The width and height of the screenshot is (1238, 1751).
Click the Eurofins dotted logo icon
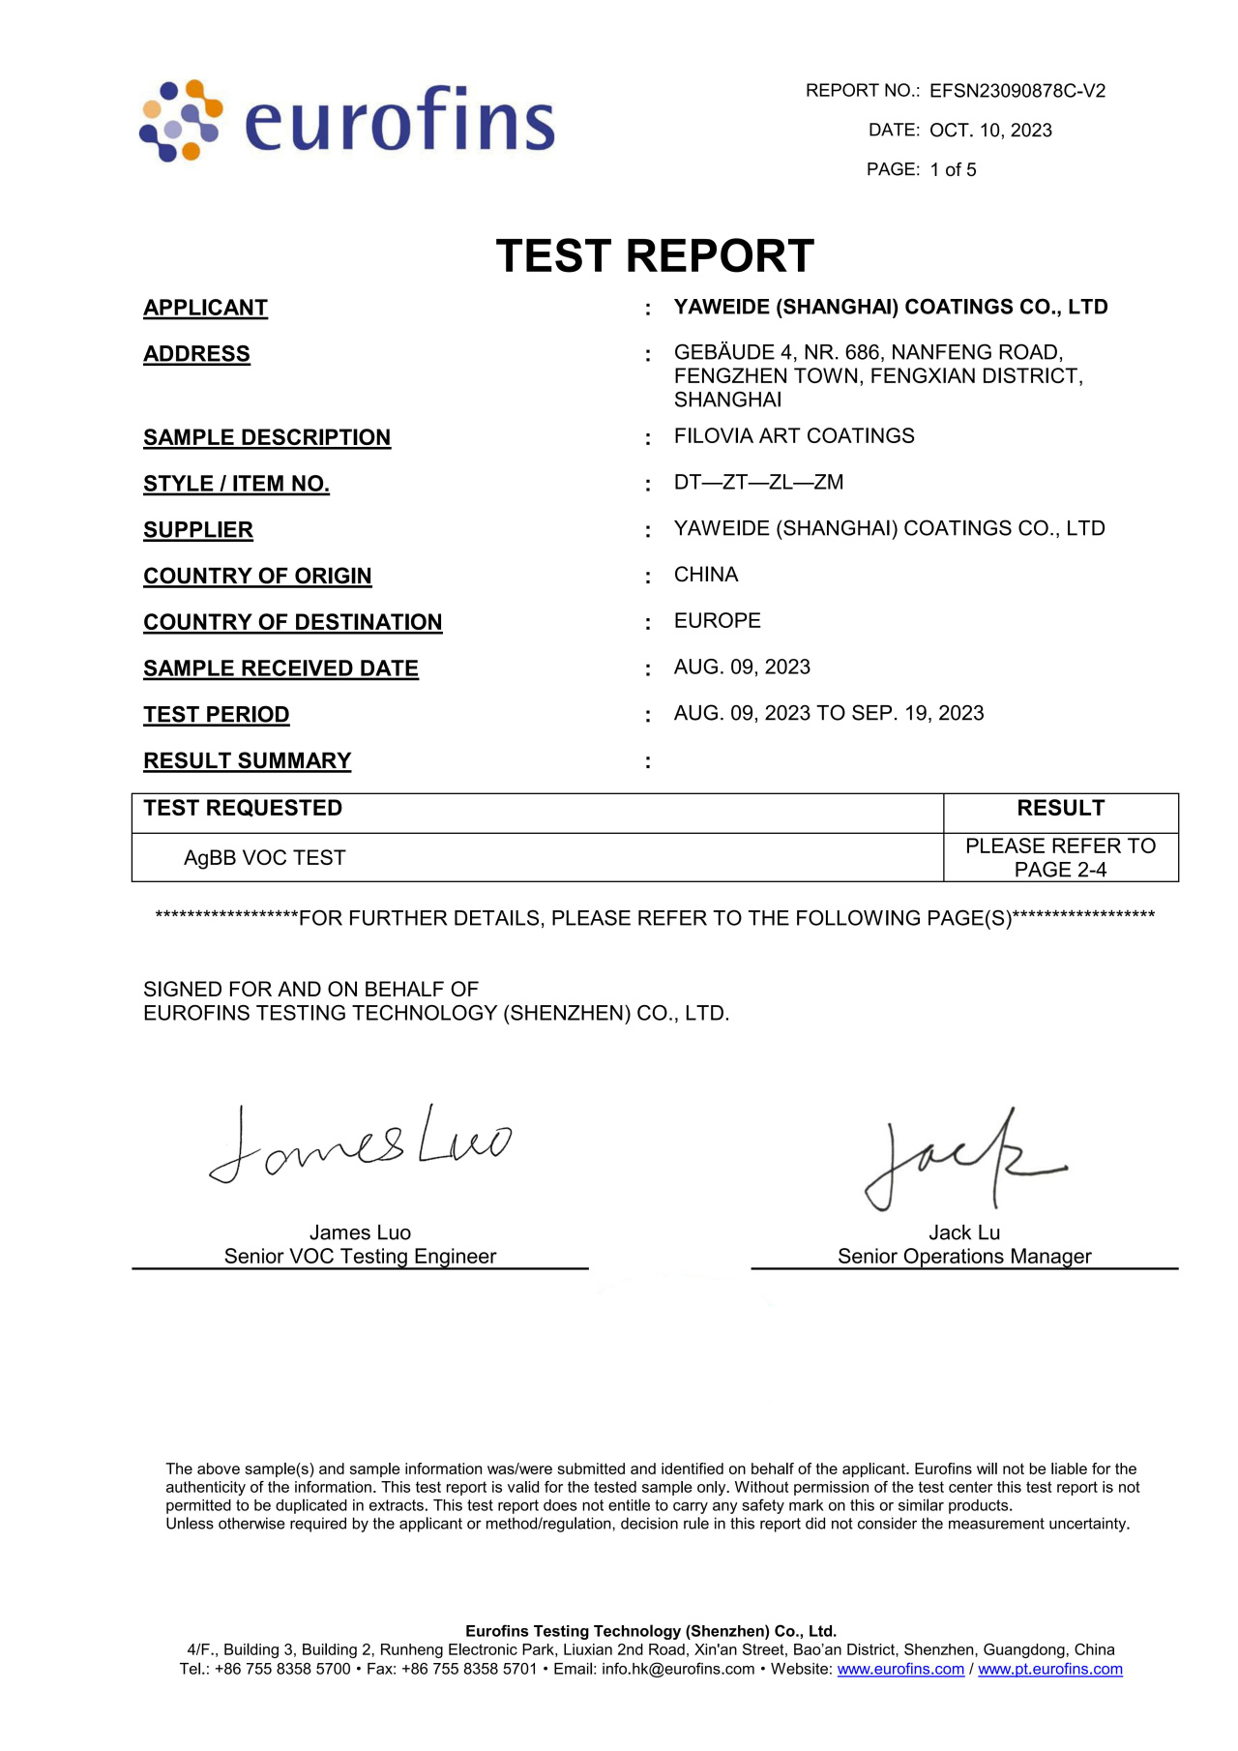[181, 121]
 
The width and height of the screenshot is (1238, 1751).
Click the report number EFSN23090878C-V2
[1017, 91]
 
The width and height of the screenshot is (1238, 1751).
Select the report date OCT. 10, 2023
[990, 131]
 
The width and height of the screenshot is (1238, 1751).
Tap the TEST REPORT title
[655, 256]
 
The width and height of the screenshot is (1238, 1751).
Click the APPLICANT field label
[205, 308]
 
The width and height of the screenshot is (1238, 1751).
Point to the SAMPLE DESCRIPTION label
[267, 437]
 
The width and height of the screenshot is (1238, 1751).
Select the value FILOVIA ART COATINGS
[794, 436]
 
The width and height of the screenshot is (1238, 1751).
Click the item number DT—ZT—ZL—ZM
[758, 482]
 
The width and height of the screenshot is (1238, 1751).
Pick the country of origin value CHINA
[706, 575]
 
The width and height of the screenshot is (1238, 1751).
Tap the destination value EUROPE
[717, 621]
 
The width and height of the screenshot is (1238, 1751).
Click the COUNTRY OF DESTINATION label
[292, 622]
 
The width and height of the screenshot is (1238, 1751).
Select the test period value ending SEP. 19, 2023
[829, 713]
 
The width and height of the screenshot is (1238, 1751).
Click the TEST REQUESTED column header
[243, 809]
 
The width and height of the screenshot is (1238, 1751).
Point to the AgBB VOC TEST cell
[264, 858]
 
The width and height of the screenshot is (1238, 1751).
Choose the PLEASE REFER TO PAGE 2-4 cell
[1060, 858]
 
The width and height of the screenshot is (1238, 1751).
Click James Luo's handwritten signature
[360, 1144]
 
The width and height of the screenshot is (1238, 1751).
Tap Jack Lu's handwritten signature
[961, 1159]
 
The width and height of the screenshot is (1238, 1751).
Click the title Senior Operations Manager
[964, 1257]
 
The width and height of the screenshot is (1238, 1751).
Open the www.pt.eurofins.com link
[1049, 1669]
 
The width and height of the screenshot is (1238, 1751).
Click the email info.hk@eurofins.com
[677, 1669]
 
